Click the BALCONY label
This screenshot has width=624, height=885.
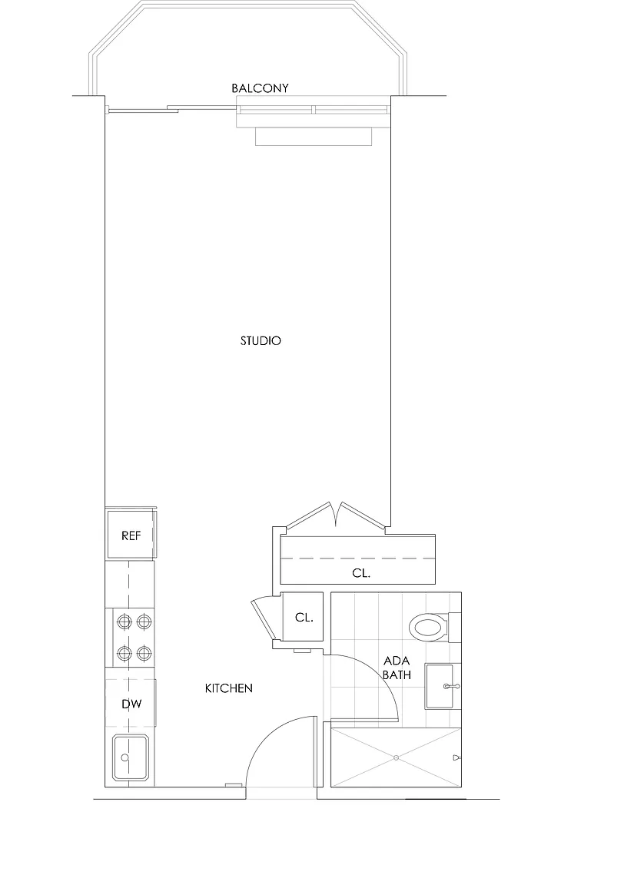click(260, 88)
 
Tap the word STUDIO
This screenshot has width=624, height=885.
click(261, 340)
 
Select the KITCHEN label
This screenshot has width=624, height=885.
click(228, 688)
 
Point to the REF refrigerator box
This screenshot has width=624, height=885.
click(131, 534)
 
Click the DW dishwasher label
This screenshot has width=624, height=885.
click(131, 704)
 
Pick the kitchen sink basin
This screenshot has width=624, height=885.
click(131, 757)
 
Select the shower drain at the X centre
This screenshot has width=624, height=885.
click(396, 757)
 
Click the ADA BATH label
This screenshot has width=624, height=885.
click(397, 667)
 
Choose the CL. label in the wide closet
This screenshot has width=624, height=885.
click(361, 573)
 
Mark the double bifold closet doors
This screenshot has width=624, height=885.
click(336, 515)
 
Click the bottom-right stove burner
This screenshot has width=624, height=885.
click(144, 654)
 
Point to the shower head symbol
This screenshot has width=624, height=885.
click(456, 757)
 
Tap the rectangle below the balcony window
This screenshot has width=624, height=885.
click(314, 137)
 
